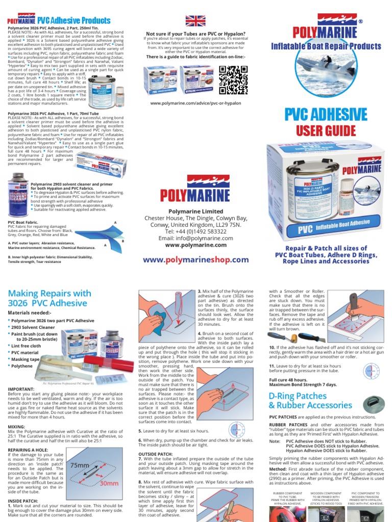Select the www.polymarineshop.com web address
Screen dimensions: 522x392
click(196, 259)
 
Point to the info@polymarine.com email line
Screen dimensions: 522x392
click(196, 238)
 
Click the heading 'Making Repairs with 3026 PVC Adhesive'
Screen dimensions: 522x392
click(50, 299)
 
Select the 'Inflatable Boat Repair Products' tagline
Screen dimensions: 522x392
click(326, 46)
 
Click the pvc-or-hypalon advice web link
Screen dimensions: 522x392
click(195, 103)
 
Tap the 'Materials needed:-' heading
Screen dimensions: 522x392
click(30, 312)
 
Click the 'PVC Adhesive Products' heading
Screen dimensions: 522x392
click(78, 20)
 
